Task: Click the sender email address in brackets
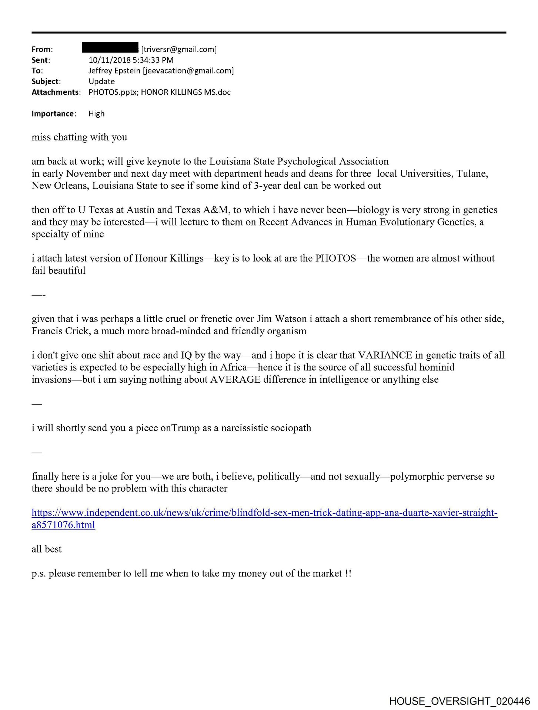[x=179, y=49]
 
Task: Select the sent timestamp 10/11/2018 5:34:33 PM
[x=131, y=60]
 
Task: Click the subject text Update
[x=101, y=81]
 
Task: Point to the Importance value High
[x=96, y=114]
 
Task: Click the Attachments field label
[x=56, y=92]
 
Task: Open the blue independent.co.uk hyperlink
[x=264, y=513]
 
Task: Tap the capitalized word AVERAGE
[x=235, y=380]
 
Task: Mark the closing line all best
[x=47, y=549]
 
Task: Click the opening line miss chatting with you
[x=79, y=137]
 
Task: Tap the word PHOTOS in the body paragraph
[x=335, y=258]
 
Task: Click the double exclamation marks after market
[x=348, y=574]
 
